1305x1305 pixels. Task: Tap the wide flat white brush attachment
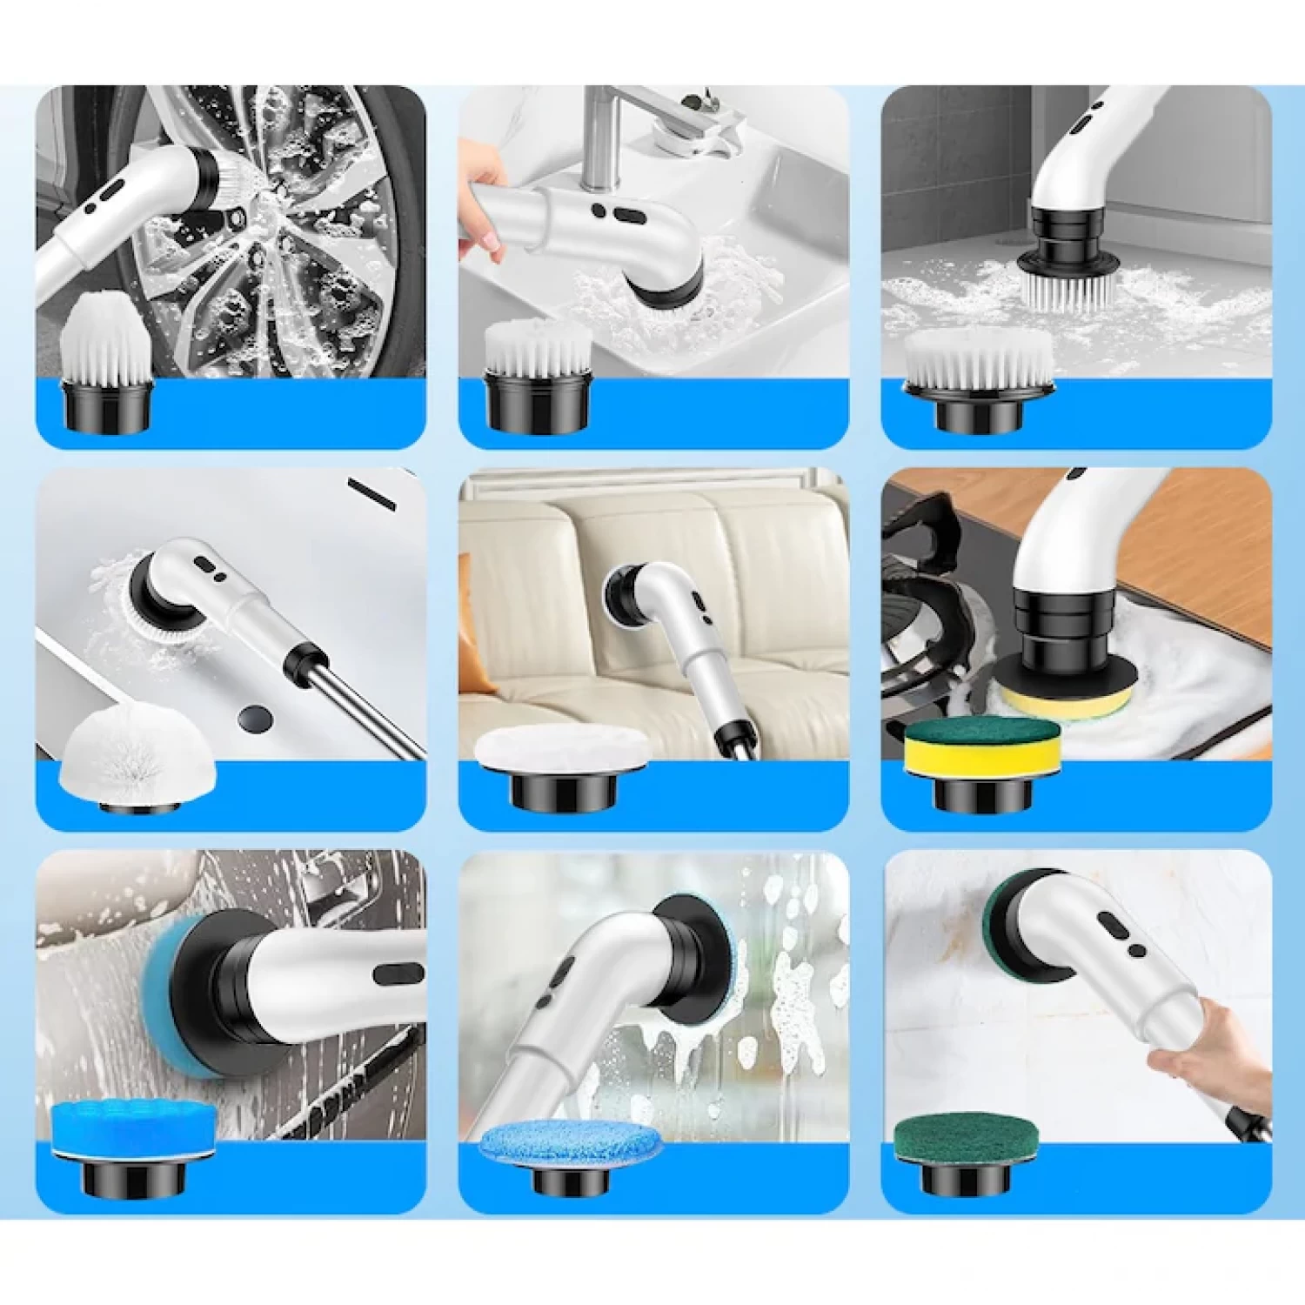979,361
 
